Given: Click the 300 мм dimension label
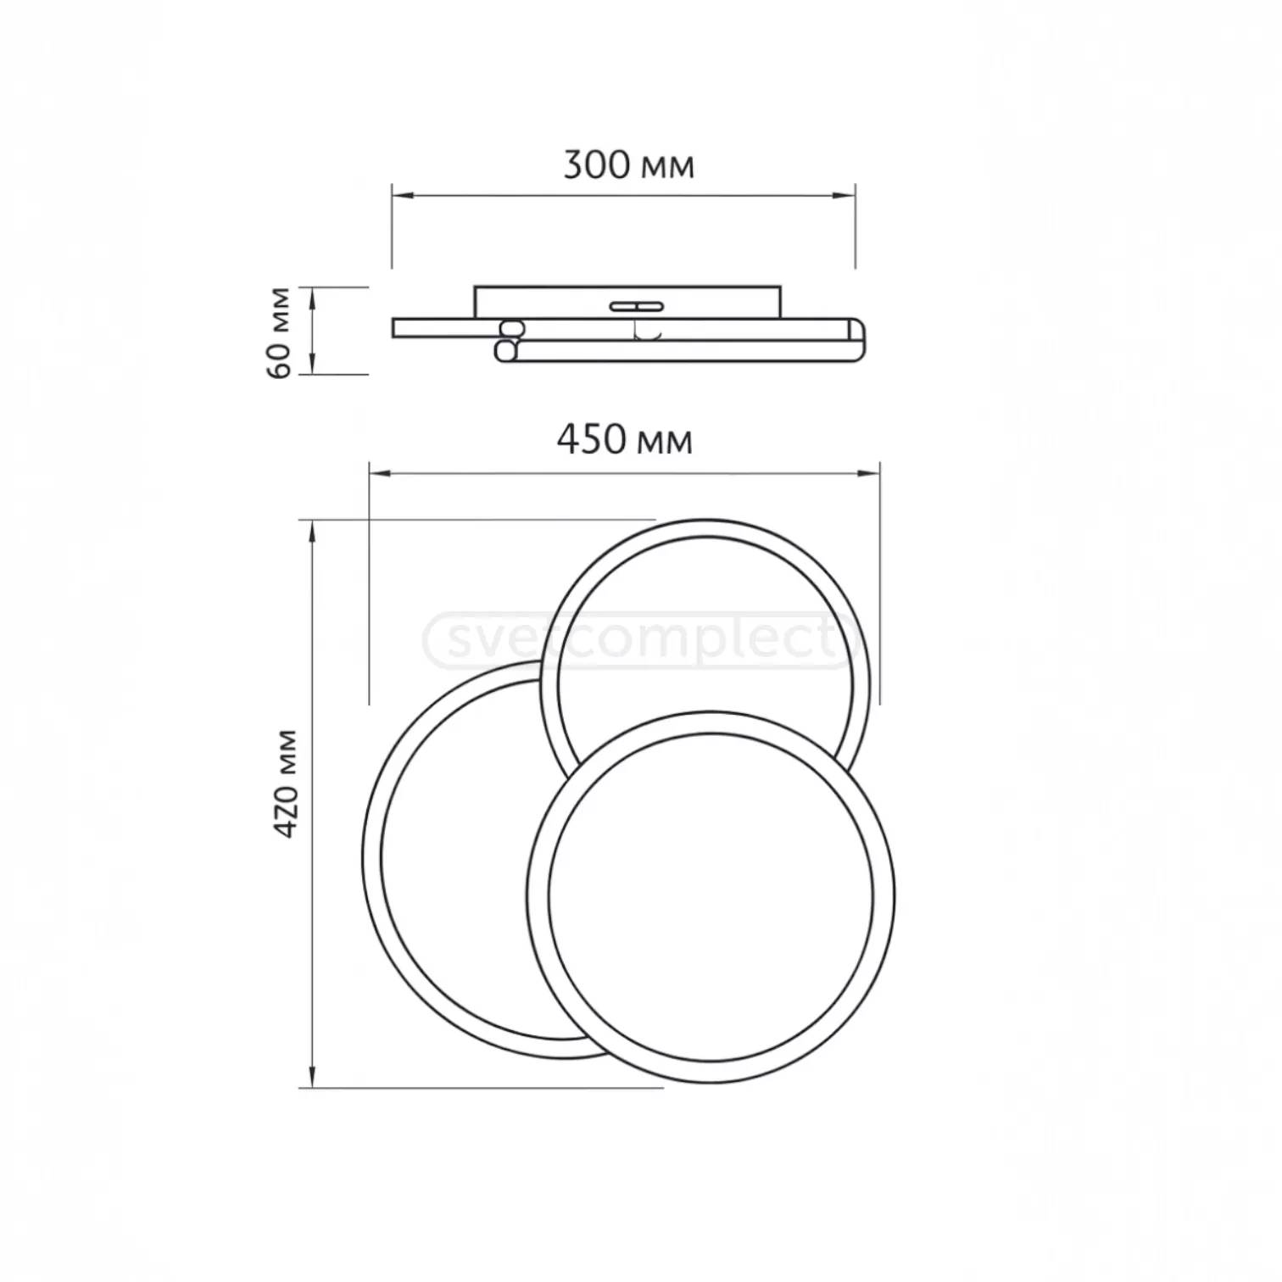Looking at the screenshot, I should pyautogui.click(x=628, y=164).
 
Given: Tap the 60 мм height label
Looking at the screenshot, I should pyautogui.click(x=279, y=332).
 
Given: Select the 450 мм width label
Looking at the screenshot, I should pyautogui.click(x=624, y=440).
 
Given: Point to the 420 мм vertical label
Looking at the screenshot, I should pyautogui.click(x=287, y=783).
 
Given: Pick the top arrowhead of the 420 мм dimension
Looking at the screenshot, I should pyautogui.click(x=313, y=531).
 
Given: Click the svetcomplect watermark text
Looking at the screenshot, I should pyautogui.click(x=640, y=640).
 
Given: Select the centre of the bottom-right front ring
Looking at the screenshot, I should pyautogui.click(x=711, y=897).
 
